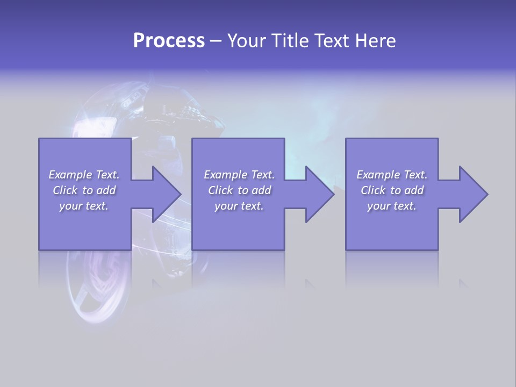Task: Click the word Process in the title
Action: point(169,41)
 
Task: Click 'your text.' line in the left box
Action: point(84,206)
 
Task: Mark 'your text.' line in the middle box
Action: point(239,206)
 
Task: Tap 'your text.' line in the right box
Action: point(392,206)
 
